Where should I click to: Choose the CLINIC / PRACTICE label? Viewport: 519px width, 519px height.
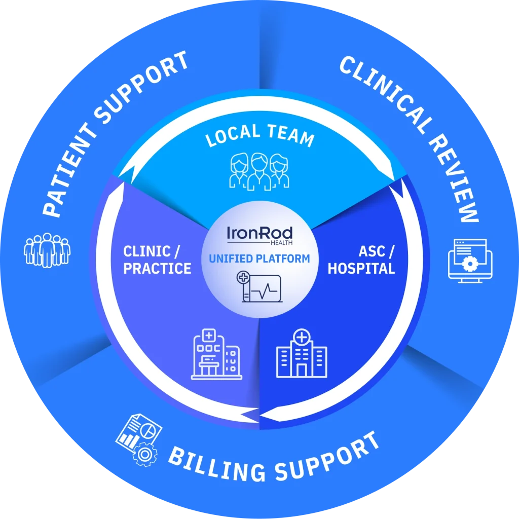pos(157,260)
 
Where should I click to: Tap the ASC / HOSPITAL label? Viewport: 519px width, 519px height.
pos(361,260)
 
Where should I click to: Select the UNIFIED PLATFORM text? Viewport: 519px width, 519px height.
pos(259,258)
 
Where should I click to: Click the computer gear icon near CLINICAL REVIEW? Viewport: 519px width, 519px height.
pos(467,261)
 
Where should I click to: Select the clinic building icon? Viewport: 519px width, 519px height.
pos(216,354)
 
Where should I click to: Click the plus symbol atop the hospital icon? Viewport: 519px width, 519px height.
pos(302,337)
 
